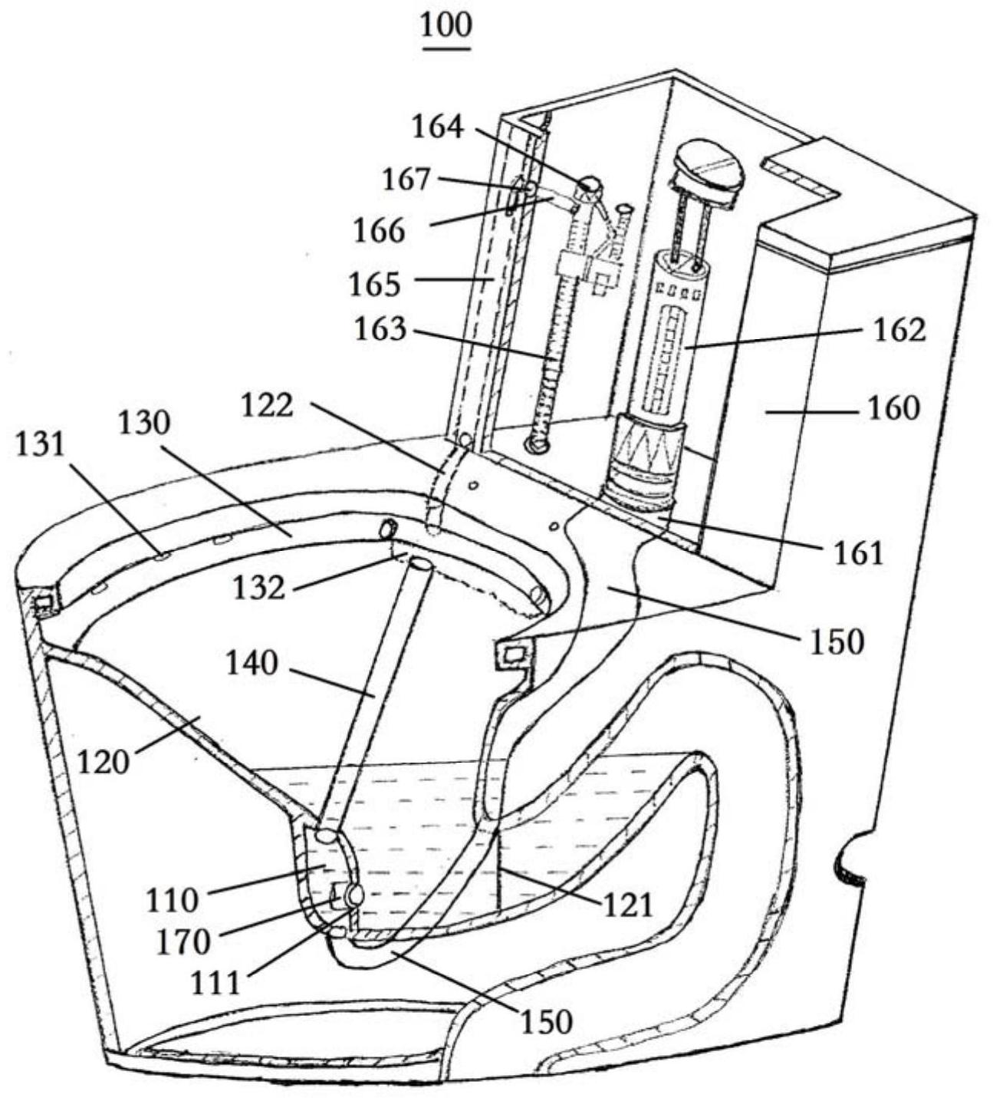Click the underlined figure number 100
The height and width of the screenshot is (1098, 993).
pos(446,26)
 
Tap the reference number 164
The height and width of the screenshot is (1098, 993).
pos(438,127)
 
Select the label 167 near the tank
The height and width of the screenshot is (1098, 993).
pos(406,179)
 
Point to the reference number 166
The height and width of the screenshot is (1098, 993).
pos(379,230)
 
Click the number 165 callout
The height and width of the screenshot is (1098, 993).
pos(375,284)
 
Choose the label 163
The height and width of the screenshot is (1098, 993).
pos(380,329)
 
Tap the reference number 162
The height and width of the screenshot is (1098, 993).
pos(899,329)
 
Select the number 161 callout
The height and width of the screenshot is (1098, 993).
pos(858,552)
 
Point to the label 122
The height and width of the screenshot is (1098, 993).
pos(268,405)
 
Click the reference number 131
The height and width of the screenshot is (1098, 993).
pos(39,443)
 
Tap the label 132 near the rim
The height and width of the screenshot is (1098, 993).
pos(259,589)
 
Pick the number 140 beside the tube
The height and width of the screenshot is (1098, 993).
pos(252,664)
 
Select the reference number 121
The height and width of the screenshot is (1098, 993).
pos(628,904)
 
